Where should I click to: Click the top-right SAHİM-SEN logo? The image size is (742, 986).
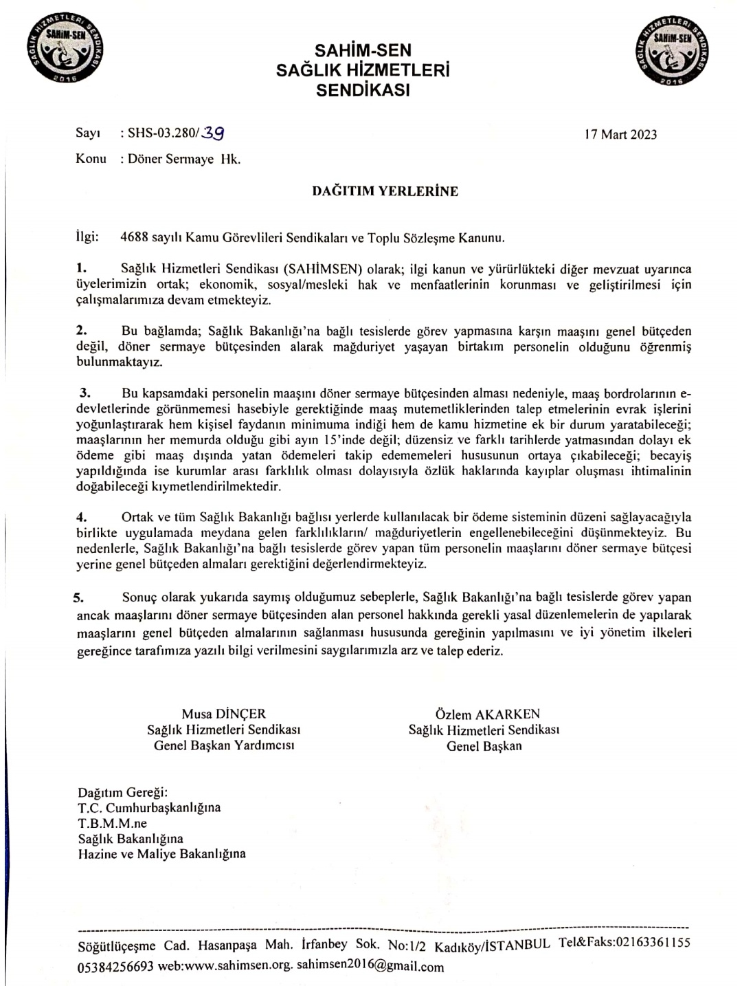tap(673, 52)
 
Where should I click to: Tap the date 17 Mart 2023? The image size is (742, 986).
tap(620, 134)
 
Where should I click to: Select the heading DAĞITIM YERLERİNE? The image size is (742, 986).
tap(385, 191)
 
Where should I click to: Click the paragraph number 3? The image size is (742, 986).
tap(85, 393)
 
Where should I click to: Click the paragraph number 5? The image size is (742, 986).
tap(78, 598)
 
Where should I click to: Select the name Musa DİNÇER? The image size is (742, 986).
tap(223, 714)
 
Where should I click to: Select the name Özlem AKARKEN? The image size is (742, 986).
tap(487, 714)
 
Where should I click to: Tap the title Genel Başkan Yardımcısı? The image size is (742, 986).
tap(224, 745)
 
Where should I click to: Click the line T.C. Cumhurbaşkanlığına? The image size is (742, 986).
tap(149, 808)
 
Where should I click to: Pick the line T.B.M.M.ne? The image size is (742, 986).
tap(112, 823)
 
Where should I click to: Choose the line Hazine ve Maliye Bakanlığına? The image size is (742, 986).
tap(161, 855)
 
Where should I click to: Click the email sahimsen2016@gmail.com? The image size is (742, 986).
tap(370, 965)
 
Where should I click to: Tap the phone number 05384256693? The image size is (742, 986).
tap(115, 966)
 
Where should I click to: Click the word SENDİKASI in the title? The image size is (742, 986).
tap(363, 89)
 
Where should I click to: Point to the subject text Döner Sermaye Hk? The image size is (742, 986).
tap(184, 159)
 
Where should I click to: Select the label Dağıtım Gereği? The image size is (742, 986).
tap(122, 792)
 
